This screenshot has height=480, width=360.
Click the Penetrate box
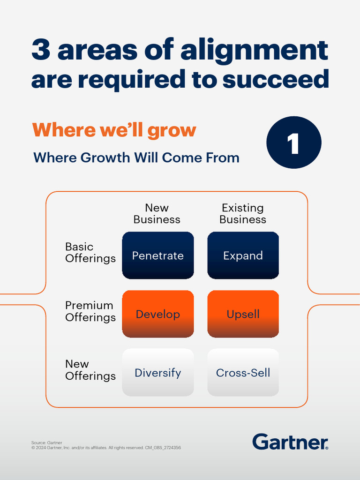pyautogui.click(x=158, y=255)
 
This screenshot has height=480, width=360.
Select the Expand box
pyautogui.click(x=243, y=255)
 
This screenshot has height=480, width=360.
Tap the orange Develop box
pyautogui.click(x=158, y=314)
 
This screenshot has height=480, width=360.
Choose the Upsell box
pyautogui.click(x=243, y=314)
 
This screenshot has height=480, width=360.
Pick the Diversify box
pyautogui.click(x=158, y=373)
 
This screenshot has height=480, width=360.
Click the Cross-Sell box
pyautogui.click(x=243, y=373)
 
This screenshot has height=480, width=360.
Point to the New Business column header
pyautogui.click(x=157, y=214)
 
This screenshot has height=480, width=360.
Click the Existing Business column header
pyautogui.click(x=243, y=214)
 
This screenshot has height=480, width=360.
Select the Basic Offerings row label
pyautogui.click(x=90, y=253)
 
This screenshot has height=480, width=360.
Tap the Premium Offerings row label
pyautogui.click(x=90, y=311)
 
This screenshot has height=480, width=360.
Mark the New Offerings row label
pyautogui.click(x=90, y=370)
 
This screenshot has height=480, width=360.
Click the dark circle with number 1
pyautogui.click(x=294, y=143)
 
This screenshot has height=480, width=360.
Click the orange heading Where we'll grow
pyautogui.click(x=114, y=130)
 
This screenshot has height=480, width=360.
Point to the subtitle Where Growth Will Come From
pyautogui.click(x=136, y=157)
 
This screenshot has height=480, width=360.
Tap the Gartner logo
pyautogui.click(x=290, y=442)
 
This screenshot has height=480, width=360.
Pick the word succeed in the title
pyautogui.click(x=276, y=80)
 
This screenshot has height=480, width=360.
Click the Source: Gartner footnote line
pyautogui.click(x=47, y=442)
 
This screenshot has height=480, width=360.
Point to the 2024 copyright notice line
pyautogui.click(x=106, y=448)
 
